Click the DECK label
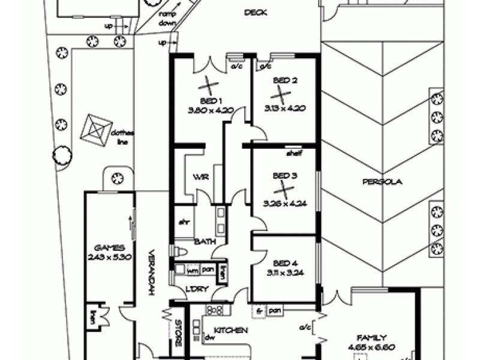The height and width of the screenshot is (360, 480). click(x=256, y=13)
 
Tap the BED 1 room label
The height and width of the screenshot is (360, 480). click(x=211, y=100)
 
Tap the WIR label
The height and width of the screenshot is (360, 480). click(x=200, y=178)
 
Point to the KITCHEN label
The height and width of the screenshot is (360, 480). click(x=232, y=331)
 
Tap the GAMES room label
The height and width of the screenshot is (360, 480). click(x=109, y=247)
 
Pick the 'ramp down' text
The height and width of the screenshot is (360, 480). click(x=167, y=18)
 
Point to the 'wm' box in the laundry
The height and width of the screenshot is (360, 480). click(x=192, y=270)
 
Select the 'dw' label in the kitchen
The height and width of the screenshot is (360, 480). click(x=209, y=338)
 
